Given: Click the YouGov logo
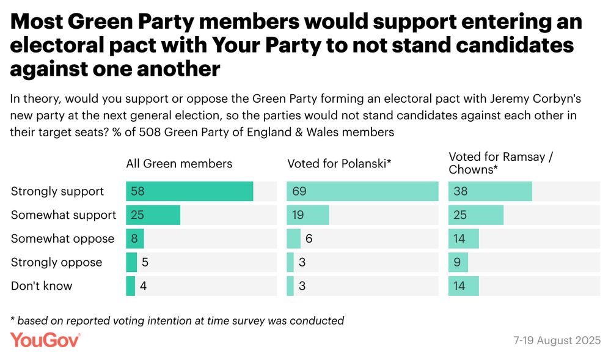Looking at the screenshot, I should pyautogui.click(x=45, y=340).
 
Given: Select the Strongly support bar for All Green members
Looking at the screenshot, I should pyautogui.click(x=189, y=191).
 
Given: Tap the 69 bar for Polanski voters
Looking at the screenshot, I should pyautogui.click(x=362, y=191).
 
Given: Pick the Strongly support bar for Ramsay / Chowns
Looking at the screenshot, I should pyautogui.click(x=490, y=191).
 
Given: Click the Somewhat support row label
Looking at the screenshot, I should pyautogui.click(x=64, y=215).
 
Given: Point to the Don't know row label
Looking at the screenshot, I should pyautogui.click(x=42, y=286).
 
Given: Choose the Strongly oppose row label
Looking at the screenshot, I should pyautogui.click(x=57, y=262).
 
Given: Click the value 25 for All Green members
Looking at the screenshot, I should pyautogui.click(x=136, y=215).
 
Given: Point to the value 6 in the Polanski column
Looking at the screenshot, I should pyautogui.click(x=309, y=239).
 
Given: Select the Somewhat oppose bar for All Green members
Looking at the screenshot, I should pyautogui.click(x=134, y=239).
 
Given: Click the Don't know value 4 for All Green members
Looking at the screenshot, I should pyautogui.click(x=143, y=286).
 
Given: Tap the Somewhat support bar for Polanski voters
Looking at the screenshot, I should pyautogui.click(x=308, y=215).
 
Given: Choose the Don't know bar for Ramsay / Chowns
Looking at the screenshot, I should pyautogui.click(x=464, y=286).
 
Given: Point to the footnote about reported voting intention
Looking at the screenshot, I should pyautogui.click(x=177, y=320).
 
